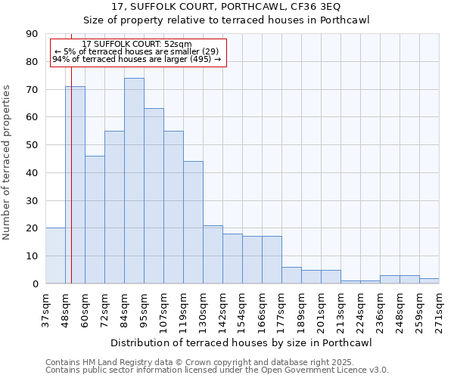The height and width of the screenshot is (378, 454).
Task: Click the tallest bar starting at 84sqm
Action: pos(134,181)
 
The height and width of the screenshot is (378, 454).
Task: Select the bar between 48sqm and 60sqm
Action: pos(75,185)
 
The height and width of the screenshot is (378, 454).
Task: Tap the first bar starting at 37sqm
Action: pos(55,256)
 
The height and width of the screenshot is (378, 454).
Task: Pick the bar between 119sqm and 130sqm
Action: pos(193,222)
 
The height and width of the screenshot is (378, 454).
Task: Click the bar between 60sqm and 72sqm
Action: pos(95,219)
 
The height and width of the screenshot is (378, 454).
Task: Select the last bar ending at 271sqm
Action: pos(429,280)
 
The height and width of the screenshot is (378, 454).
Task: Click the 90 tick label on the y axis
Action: pos(32,34)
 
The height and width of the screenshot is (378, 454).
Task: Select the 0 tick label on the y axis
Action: pos(35,283)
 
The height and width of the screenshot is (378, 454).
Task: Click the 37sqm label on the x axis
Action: pos(45,310)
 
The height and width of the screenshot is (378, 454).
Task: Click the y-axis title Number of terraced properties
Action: pos(8,162)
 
